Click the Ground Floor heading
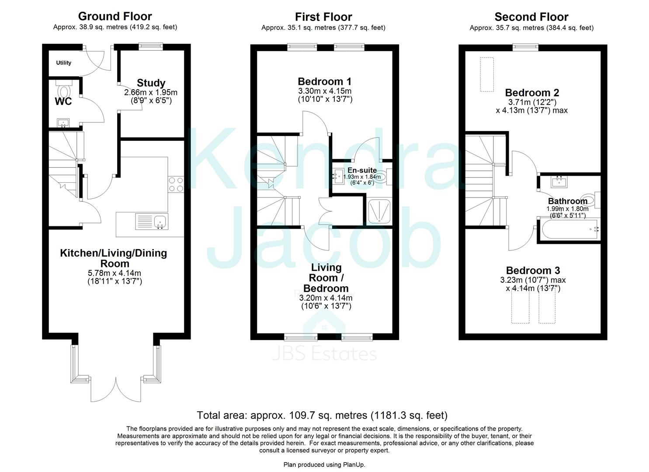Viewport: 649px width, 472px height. pyautogui.click(x=115, y=17)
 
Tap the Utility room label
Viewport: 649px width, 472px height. pyautogui.click(x=63, y=63)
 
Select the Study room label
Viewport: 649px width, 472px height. pyautogui.click(x=151, y=83)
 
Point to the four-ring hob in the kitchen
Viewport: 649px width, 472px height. pyautogui.click(x=176, y=184)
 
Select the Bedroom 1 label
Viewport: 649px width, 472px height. pyautogui.click(x=324, y=81)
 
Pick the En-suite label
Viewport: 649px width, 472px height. pyautogui.click(x=362, y=170)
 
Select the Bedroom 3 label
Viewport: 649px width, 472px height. pyautogui.click(x=533, y=271)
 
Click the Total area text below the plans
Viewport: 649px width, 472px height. pyautogui.click(x=322, y=415)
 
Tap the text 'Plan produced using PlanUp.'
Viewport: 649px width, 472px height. pyautogui.click(x=324, y=465)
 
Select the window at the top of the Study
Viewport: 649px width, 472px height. pyautogui.click(x=151, y=45)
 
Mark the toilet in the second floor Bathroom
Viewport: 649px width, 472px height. pyautogui.click(x=590, y=200)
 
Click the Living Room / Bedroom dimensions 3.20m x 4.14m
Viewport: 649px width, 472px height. pyautogui.click(x=326, y=298)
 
